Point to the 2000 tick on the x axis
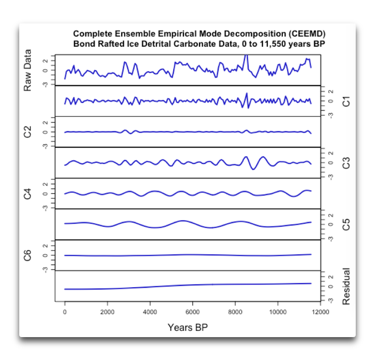(x=107, y=312)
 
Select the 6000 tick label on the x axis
(x=192, y=312)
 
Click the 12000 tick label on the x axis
(x=320, y=312)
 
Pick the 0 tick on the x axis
(x=64, y=312)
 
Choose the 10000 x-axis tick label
(x=277, y=312)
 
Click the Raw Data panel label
(x=28, y=70)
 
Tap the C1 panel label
(x=346, y=101)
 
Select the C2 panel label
(x=28, y=132)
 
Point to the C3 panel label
(x=346, y=163)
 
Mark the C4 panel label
(x=28, y=194)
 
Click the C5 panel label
(x=346, y=224)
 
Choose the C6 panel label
(x=28, y=255)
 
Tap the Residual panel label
(x=346, y=286)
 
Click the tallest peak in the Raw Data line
(x=247, y=55)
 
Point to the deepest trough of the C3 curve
(x=253, y=169)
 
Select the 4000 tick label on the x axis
(x=150, y=312)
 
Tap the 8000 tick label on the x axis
(x=235, y=312)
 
